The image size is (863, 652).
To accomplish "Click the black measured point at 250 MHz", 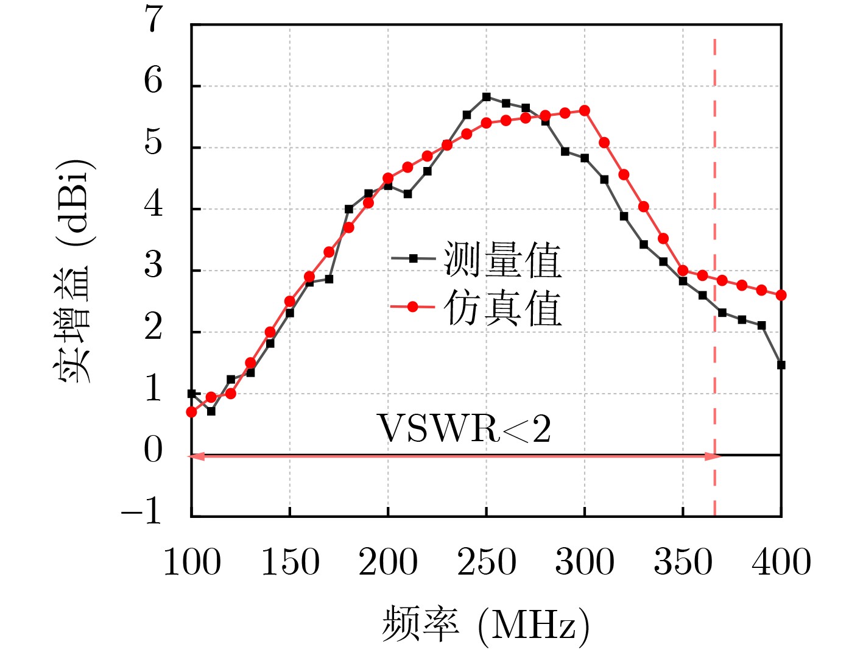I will tap(486, 97).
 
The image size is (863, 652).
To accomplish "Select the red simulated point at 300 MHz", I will tap(585, 110).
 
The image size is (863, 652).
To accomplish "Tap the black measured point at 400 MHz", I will tap(781, 365).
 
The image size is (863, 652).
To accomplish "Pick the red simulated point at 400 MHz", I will tap(781, 295).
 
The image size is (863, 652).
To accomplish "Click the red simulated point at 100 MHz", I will tap(191, 412).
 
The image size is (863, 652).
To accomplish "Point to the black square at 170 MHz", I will tap(329, 279).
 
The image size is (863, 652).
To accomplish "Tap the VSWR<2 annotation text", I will tap(464, 429).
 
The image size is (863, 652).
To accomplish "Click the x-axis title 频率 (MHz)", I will tap(485, 625).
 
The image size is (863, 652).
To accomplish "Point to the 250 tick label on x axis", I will tap(486, 562).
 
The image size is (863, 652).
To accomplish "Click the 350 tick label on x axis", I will tap(683, 562).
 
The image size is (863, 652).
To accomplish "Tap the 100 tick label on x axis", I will tap(192, 562).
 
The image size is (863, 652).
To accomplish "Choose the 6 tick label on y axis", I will tap(153, 81).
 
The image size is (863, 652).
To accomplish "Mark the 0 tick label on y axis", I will tap(153, 450).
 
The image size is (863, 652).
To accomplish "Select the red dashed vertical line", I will tap(714, 244).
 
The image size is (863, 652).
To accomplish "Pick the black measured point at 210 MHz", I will tap(407, 194).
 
